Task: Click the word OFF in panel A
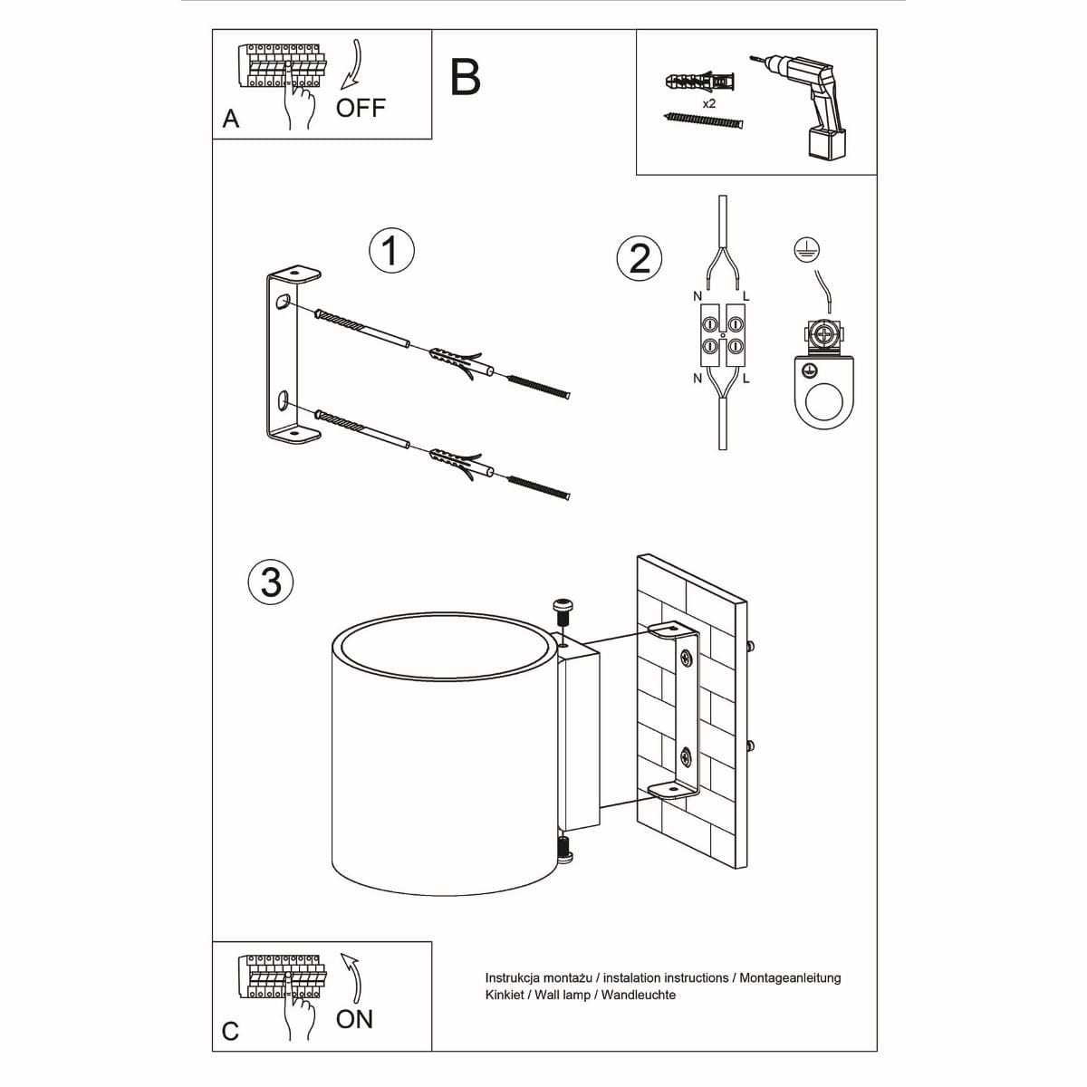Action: [361, 108]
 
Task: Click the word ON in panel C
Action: [354, 1019]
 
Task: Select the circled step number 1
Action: [392, 250]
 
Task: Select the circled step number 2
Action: [640, 258]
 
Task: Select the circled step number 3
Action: [271, 581]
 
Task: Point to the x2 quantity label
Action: [709, 104]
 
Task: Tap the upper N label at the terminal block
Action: [697, 296]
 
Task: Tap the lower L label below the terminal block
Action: [746, 379]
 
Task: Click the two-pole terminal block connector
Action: [722, 335]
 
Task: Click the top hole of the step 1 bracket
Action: [284, 302]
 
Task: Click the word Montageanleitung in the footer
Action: [790, 978]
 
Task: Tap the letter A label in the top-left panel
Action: [231, 120]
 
